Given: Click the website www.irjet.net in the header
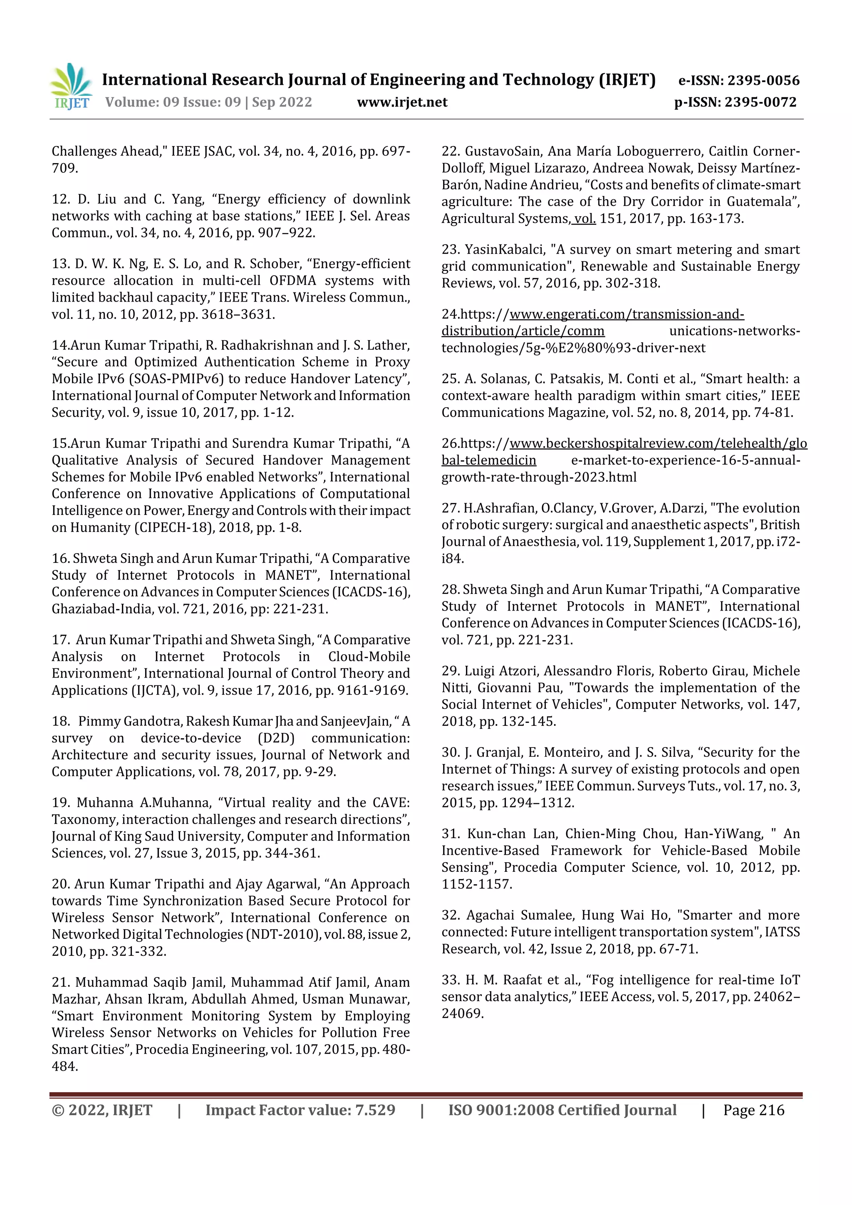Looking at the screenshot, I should (x=402, y=102).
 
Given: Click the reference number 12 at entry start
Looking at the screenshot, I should (x=60, y=199).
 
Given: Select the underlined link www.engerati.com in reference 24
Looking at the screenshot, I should (x=570, y=314).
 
